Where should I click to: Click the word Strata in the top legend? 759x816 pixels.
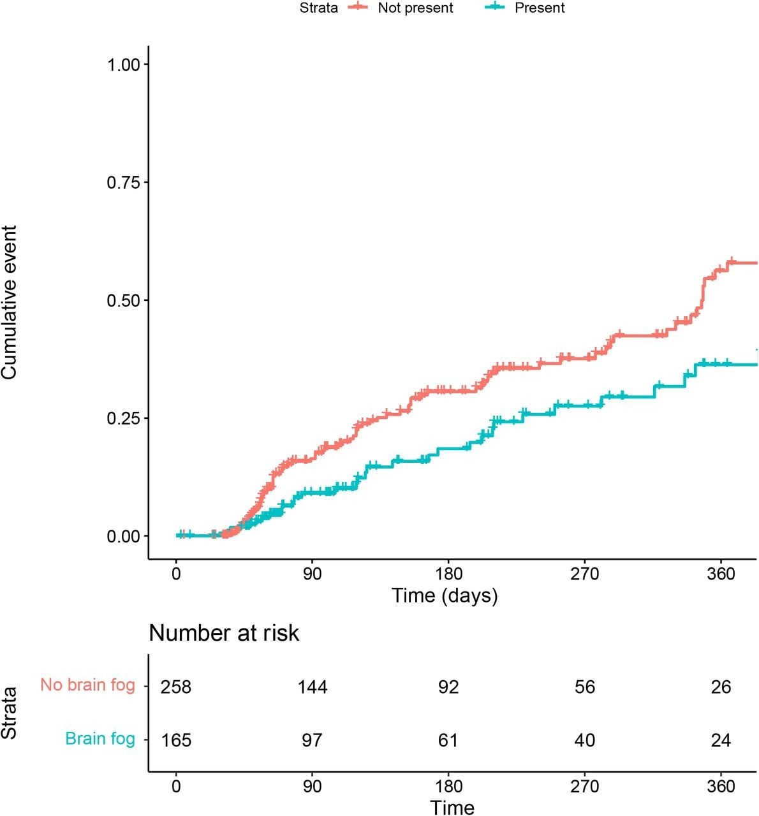[x=319, y=8]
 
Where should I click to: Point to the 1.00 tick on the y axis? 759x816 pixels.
[x=128, y=64]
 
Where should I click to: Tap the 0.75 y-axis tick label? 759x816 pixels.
[x=128, y=182]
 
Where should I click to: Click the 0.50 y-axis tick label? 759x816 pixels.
[x=128, y=300]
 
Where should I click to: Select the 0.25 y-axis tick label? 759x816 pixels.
[x=128, y=418]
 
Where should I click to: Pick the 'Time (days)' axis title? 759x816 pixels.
[x=445, y=595]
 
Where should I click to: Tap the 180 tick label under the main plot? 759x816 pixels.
[x=448, y=573]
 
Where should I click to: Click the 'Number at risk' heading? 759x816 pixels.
[x=224, y=633]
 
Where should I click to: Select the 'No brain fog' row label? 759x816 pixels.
[x=87, y=685]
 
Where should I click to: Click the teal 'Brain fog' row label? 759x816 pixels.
[x=100, y=739]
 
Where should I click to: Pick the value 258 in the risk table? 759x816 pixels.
[x=176, y=687]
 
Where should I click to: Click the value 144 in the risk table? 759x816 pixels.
[x=313, y=687]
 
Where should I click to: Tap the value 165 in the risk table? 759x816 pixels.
[x=176, y=740]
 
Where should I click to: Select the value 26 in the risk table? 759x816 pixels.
[x=721, y=687]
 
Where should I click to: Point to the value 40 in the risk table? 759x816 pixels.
[x=585, y=740]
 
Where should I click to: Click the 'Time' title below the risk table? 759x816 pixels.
[x=452, y=807]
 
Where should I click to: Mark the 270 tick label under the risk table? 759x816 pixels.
[x=585, y=786]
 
